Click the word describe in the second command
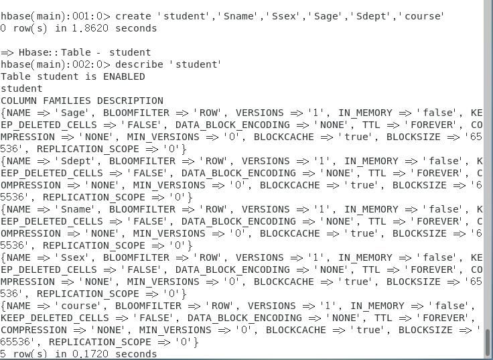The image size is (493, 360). (141, 64)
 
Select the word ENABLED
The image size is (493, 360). (124, 76)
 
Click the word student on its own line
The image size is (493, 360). (21, 88)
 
